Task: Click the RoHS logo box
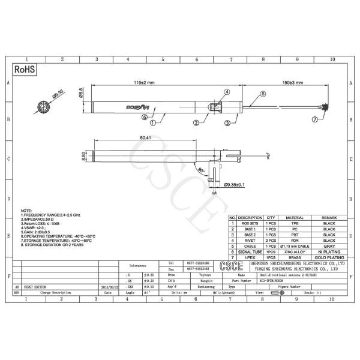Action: (25, 70)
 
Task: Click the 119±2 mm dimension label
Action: (145, 82)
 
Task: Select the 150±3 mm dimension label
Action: (293, 82)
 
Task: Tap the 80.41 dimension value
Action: (145, 138)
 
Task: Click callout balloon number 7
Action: (316, 119)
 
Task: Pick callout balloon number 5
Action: (262, 94)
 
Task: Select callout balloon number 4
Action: (227, 92)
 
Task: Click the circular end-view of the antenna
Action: (44, 107)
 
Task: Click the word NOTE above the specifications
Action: (26, 211)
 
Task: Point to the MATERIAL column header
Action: (295, 217)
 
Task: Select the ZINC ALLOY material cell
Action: (295, 251)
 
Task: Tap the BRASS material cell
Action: (295, 257)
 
